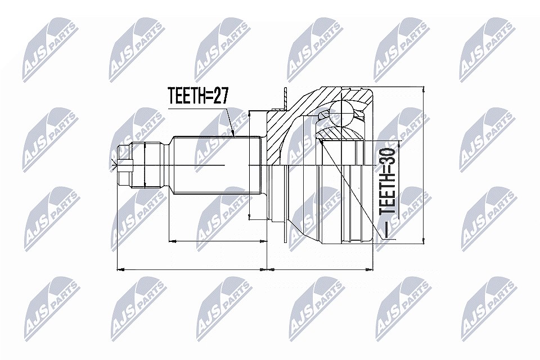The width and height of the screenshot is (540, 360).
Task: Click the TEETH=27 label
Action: coord(198,96)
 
